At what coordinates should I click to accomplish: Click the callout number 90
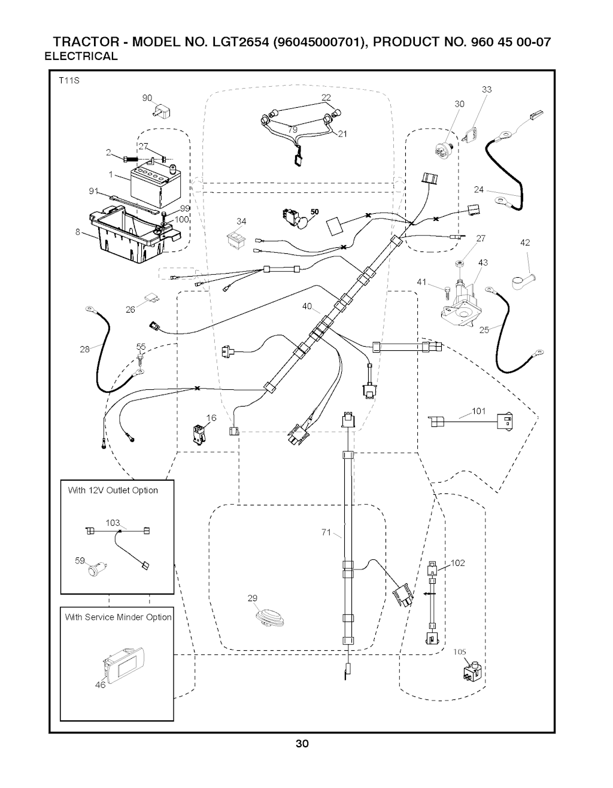click(x=147, y=98)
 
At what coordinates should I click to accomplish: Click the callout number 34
click(x=241, y=222)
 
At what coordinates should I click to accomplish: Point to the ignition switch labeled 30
click(x=444, y=147)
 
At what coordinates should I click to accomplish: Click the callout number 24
click(x=478, y=190)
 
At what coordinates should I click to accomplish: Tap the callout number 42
click(x=525, y=243)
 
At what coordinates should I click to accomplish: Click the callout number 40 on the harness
click(x=307, y=307)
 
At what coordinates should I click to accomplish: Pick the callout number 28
click(x=85, y=349)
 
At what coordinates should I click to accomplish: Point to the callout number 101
click(x=478, y=411)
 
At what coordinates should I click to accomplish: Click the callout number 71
click(x=326, y=532)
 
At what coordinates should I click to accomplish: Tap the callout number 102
click(x=457, y=563)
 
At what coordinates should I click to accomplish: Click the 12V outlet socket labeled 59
click(x=95, y=569)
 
